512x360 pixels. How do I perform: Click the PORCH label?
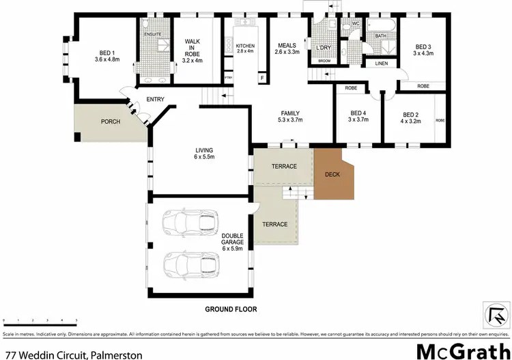click(x=111, y=122)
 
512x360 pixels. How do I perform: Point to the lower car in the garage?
click(x=189, y=264)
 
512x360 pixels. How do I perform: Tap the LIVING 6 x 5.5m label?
click(x=204, y=153)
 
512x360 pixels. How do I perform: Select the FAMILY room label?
click(x=290, y=117)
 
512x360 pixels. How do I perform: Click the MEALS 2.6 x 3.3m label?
click(x=287, y=48)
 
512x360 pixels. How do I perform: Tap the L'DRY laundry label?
click(x=324, y=48)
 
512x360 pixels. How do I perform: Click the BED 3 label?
click(x=423, y=50)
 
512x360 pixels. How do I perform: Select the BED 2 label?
click(x=411, y=117)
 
